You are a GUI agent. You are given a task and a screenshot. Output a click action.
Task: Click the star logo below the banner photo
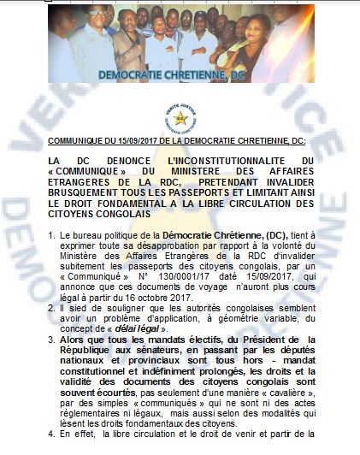tap(180, 117)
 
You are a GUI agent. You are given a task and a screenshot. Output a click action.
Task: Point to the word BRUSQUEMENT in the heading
tap(82, 193)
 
